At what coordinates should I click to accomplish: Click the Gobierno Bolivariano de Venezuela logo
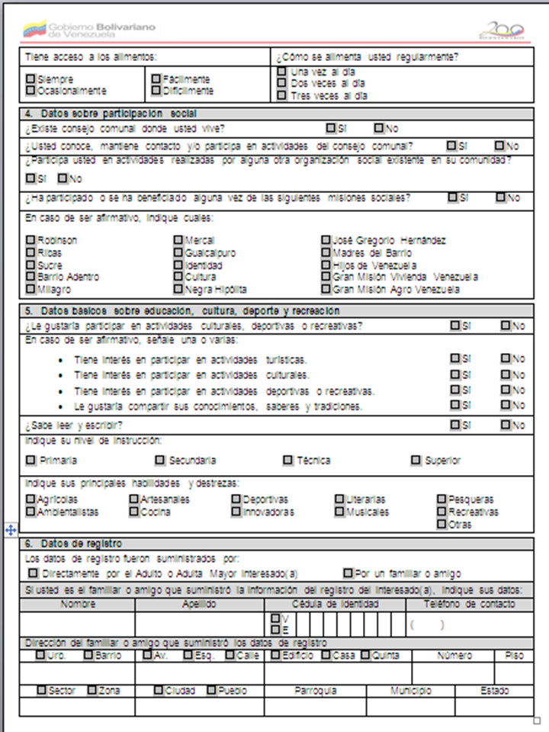point(88,30)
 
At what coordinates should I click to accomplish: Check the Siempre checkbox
point(30,79)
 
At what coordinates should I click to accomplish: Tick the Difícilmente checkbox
point(156,91)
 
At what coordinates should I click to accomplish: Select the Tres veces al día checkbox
point(282,96)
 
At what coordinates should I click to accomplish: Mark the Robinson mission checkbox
point(30,240)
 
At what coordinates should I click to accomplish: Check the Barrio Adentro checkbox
point(30,277)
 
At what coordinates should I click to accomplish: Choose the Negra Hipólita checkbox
point(178,290)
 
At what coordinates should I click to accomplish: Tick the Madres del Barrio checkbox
point(326,252)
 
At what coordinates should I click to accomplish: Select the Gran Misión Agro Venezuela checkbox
point(326,290)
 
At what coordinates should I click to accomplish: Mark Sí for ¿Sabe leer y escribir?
point(455,425)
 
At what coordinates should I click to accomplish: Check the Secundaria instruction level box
point(160,461)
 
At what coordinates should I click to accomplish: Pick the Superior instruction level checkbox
point(416,461)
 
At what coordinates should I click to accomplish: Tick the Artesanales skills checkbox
point(134,499)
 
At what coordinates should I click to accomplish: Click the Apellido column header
point(200,604)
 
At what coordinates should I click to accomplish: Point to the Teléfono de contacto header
point(469,604)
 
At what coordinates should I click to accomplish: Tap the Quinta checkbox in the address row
point(366,655)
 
